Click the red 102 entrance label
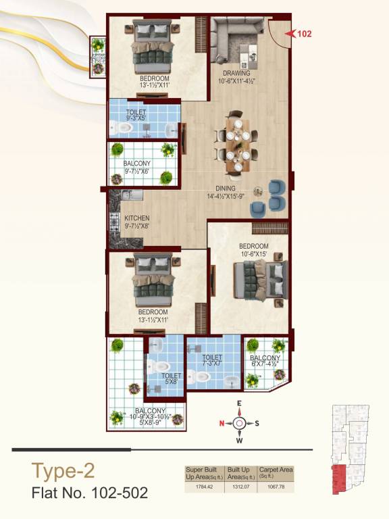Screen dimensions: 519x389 (304, 32)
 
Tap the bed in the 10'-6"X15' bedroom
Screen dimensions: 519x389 (259, 277)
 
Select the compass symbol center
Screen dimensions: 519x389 (239, 423)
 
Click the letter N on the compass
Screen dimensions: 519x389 (221, 424)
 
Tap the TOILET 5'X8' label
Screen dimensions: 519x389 (171, 379)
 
